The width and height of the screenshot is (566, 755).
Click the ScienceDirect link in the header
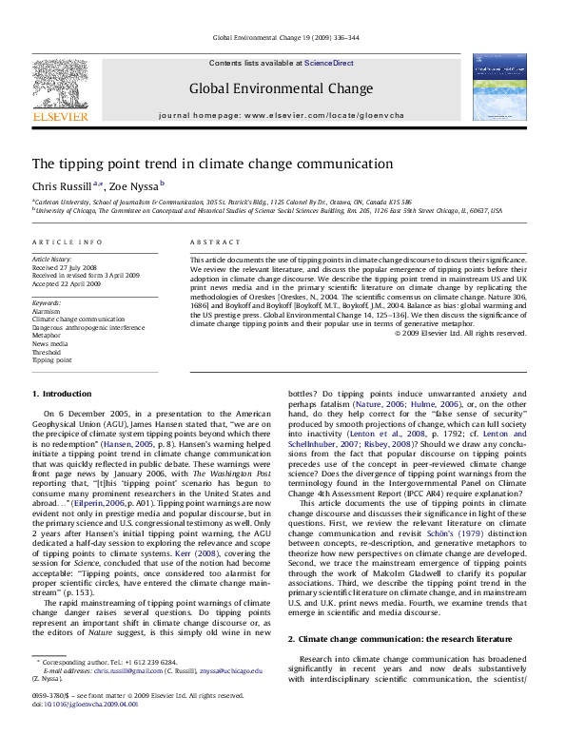click(328, 62)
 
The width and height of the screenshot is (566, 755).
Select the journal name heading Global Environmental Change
click(281, 88)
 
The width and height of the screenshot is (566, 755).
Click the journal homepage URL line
click(281, 115)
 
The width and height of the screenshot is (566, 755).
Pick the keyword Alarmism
click(46, 310)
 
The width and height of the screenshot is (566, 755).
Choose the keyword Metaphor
click(47, 335)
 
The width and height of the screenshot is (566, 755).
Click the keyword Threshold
click(48, 352)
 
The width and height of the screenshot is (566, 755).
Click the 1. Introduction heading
click(62, 394)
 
